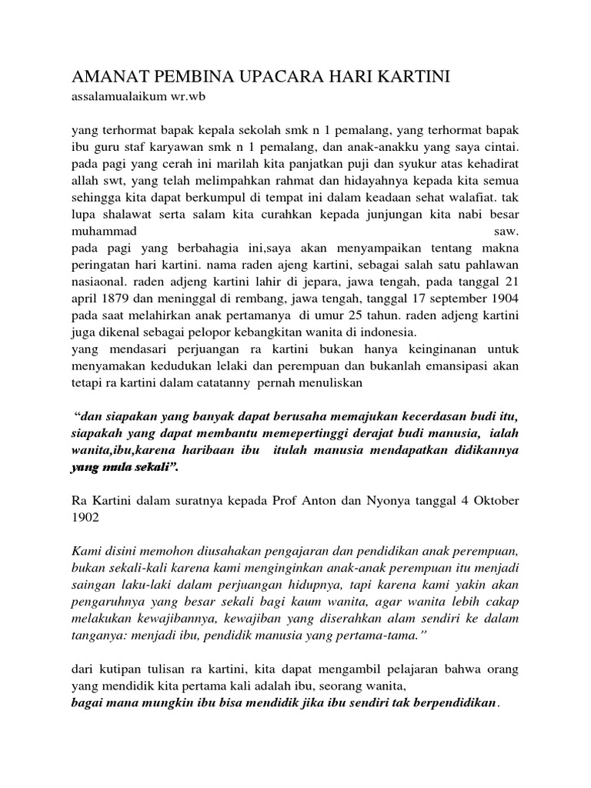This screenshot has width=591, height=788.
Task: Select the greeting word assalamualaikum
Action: tap(119, 98)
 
